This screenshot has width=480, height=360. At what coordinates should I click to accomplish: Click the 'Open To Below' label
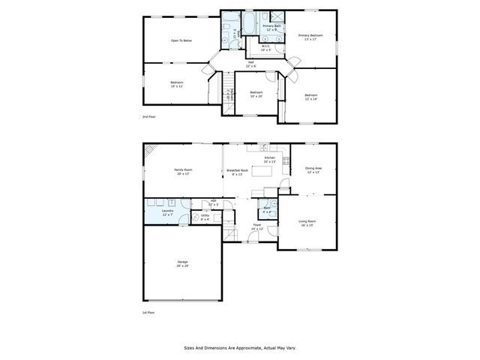point(182,40)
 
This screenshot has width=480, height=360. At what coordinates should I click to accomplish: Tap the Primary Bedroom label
point(310,37)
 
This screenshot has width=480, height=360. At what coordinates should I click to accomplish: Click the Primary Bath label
point(271,28)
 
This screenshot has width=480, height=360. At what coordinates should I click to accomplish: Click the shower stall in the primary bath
point(276,16)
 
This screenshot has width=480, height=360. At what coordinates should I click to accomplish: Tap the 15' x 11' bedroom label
point(176,84)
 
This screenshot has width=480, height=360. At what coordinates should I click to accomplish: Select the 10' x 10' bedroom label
point(256,94)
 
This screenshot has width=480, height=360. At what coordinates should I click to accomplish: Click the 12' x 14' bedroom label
point(310,97)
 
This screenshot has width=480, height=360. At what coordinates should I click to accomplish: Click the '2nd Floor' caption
point(149,118)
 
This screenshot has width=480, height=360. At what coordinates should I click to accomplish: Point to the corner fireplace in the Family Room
point(150,151)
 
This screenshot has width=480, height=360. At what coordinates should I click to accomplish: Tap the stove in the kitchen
point(286,159)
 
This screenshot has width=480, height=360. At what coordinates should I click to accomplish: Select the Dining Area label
point(313,169)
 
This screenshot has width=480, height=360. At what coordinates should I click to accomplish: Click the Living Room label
point(307,223)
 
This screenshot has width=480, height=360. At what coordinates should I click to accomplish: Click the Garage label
point(182,263)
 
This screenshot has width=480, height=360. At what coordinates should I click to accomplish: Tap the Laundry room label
point(167,213)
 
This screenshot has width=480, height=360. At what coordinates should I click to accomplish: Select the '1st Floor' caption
point(148,312)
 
